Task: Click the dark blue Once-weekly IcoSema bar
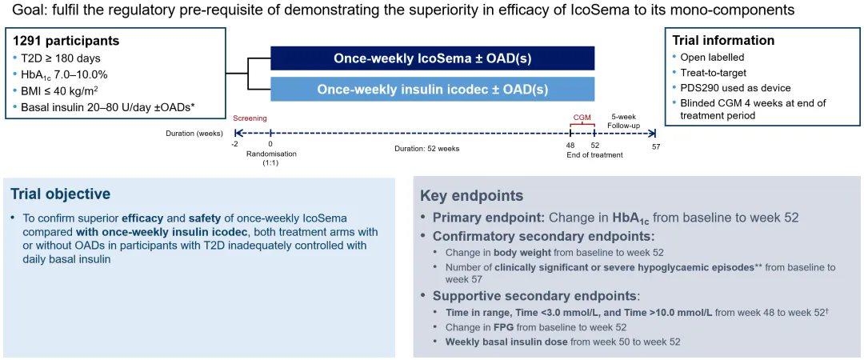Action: pyautogui.click(x=433, y=58)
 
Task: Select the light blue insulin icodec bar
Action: pyautogui.click(x=433, y=90)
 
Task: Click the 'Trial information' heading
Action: pyautogui.click(x=723, y=40)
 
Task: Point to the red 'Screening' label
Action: pyautogui.click(x=250, y=118)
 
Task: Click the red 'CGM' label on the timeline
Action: pyautogui.click(x=582, y=118)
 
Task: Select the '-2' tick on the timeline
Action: pyautogui.click(x=235, y=146)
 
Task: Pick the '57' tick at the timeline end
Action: pyautogui.click(x=655, y=146)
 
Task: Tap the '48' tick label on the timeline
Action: pyautogui.click(x=570, y=146)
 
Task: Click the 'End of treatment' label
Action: pyautogui.click(x=594, y=155)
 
